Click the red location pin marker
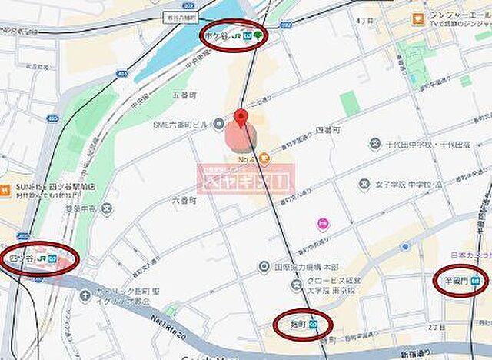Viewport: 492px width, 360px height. (x=242, y=118)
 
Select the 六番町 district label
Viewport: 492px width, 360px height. (x=184, y=198)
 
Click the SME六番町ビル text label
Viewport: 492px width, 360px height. (x=182, y=124)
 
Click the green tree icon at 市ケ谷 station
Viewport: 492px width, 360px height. (x=258, y=35)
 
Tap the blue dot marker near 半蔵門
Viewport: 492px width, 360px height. (x=404, y=246)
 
